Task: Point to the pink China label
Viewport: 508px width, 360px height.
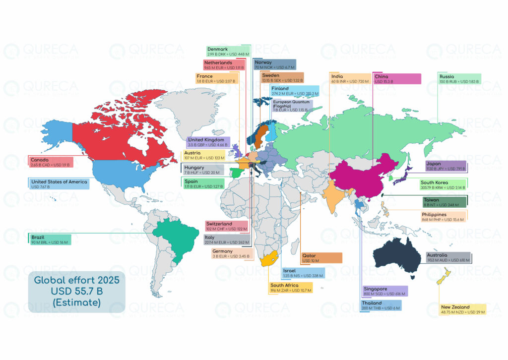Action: (397, 79)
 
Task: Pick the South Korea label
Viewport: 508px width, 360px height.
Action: (444, 185)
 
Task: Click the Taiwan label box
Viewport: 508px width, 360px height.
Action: (444, 202)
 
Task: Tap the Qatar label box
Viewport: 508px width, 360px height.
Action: (321, 258)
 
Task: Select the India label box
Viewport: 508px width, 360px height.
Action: (350, 79)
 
